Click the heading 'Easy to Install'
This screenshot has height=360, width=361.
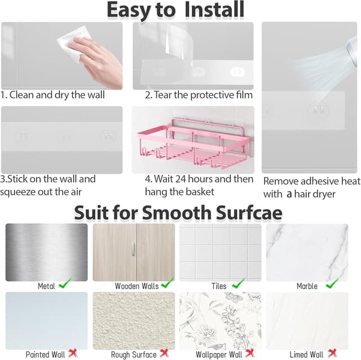coord(175,10)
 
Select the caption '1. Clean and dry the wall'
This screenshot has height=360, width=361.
coord(52,95)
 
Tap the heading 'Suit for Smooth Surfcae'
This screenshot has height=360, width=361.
coord(178,212)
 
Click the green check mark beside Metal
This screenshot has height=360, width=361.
coord(65,285)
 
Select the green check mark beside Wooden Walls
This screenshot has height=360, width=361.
coord(167,285)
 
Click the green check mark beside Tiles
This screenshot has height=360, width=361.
coord(238,284)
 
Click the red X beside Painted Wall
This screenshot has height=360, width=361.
coord(73,353)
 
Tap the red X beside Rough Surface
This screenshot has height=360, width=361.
coord(164,353)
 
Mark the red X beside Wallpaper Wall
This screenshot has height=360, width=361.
coord(250,353)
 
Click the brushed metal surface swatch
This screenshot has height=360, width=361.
coord(46,252)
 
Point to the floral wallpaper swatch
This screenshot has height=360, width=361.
coord(220,320)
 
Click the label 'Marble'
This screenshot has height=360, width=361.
coord(307,286)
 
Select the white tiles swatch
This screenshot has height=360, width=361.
coord(220,252)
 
